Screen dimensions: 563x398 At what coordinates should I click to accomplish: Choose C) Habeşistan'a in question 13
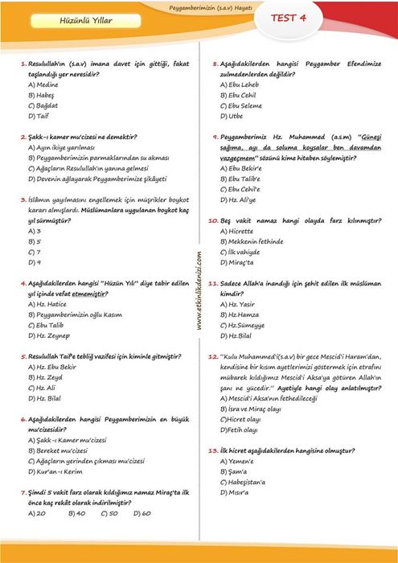coord(248,483)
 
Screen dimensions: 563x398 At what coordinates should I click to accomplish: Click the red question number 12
coord(213,355)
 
